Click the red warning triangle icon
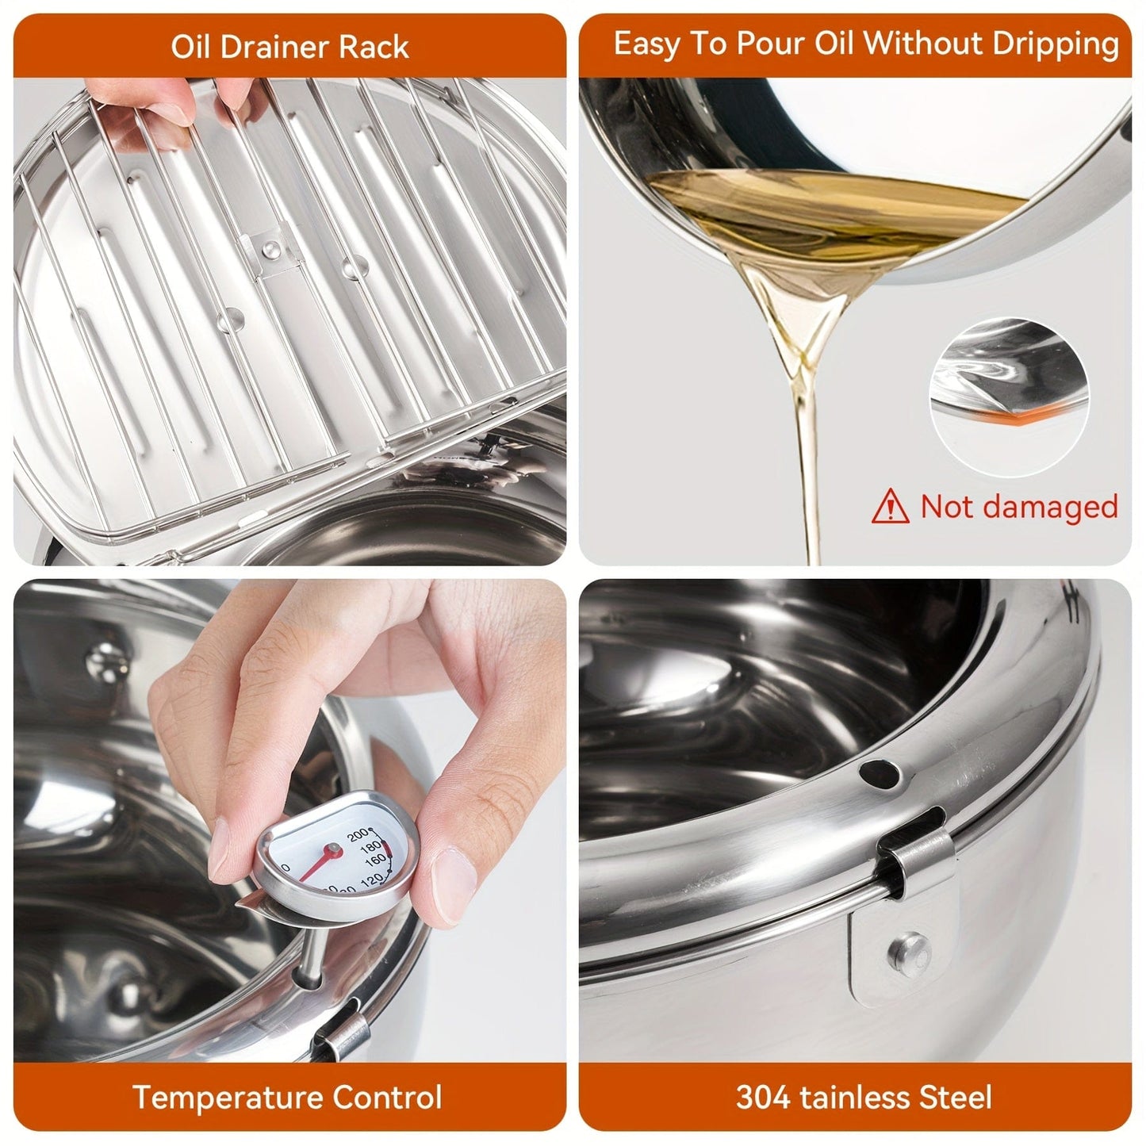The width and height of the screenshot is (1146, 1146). [x=890, y=506]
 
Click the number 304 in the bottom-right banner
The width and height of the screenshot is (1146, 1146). [x=764, y=1098]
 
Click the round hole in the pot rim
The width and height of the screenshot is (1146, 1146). [x=879, y=770]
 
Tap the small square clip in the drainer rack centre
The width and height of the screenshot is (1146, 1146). [x=272, y=251]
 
